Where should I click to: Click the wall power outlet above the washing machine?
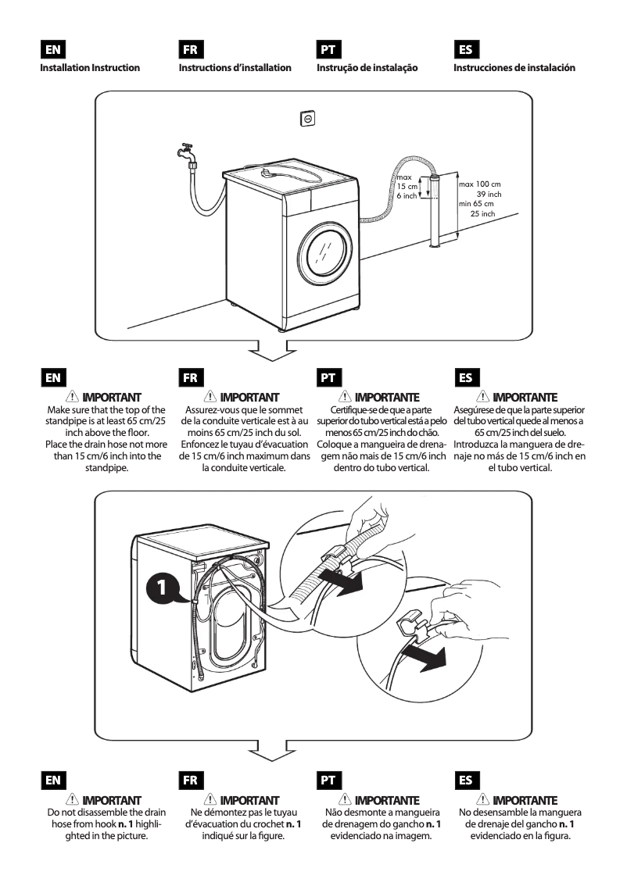pyautogui.click(x=308, y=118)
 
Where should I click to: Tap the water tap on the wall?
pyautogui.click(x=184, y=151)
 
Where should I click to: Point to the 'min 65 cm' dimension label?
pyautogui.click(x=476, y=204)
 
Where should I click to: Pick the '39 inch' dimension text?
pyautogui.click(x=489, y=194)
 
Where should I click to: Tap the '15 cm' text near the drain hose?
pyautogui.click(x=407, y=186)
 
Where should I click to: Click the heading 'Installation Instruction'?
pyautogui.click(x=90, y=68)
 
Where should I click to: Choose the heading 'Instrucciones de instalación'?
pyautogui.click(x=514, y=68)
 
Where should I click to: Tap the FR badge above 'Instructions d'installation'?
pyautogui.click(x=190, y=49)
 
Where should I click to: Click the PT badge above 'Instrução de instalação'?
pyautogui.click(x=327, y=49)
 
